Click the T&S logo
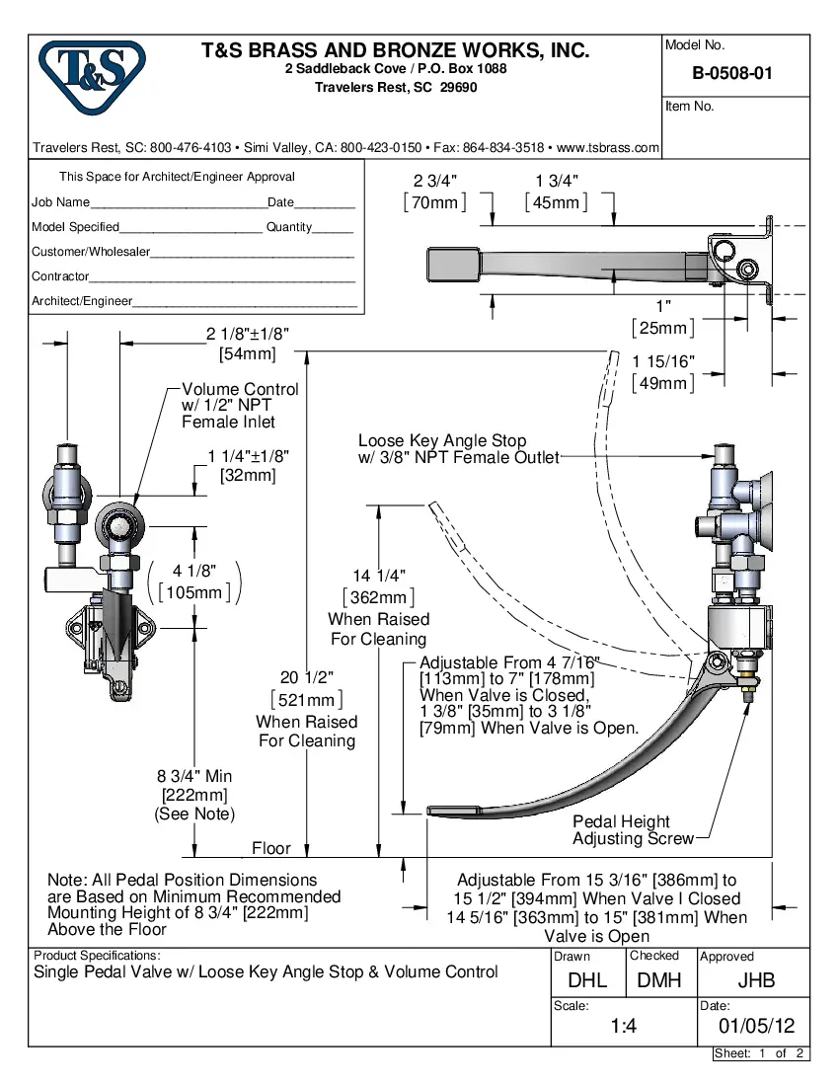coord(91,77)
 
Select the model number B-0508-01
coord(732,73)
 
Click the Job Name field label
coord(60,202)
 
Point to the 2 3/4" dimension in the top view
coord(435,180)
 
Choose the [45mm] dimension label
coord(556,202)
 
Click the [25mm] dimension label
coord(663,328)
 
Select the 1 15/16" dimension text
coord(663,361)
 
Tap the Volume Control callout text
coord(240,390)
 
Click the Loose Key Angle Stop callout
coord(442,441)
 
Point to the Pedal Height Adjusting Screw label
coord(621,830)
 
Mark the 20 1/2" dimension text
coord(307,677)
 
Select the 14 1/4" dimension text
coord(379,576)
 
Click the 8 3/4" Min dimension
coord(194,776)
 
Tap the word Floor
coord(271,848)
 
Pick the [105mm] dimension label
coord(194,592)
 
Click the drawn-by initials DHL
coord(588,980)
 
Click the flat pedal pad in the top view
coord(452,264)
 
